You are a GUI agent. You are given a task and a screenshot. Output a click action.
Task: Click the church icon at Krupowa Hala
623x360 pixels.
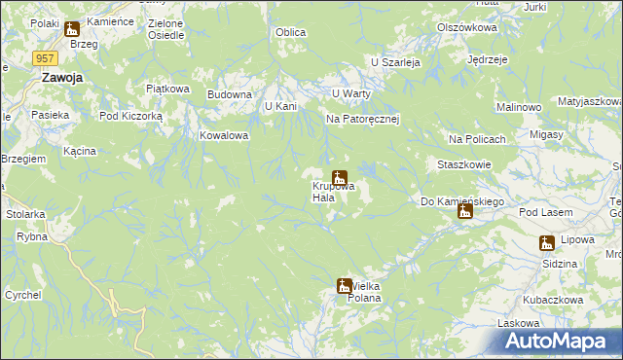340,178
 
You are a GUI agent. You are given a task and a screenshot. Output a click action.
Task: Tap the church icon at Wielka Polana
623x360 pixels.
345,286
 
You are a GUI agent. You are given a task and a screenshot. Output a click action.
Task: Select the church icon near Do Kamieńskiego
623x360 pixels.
465,211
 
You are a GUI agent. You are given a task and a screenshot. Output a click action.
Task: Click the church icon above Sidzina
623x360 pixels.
547,243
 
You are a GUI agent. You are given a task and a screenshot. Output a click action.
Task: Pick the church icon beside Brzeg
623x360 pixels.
71,30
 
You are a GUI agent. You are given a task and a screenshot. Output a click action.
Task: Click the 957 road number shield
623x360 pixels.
43,58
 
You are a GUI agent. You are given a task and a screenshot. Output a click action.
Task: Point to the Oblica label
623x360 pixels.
290,33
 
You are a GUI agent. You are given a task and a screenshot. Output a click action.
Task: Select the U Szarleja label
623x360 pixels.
394,61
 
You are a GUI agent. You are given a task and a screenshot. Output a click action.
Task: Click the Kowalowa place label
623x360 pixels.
225,136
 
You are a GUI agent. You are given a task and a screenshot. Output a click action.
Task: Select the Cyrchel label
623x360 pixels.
22,294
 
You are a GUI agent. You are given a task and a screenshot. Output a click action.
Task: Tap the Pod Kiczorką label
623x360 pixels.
136,114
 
